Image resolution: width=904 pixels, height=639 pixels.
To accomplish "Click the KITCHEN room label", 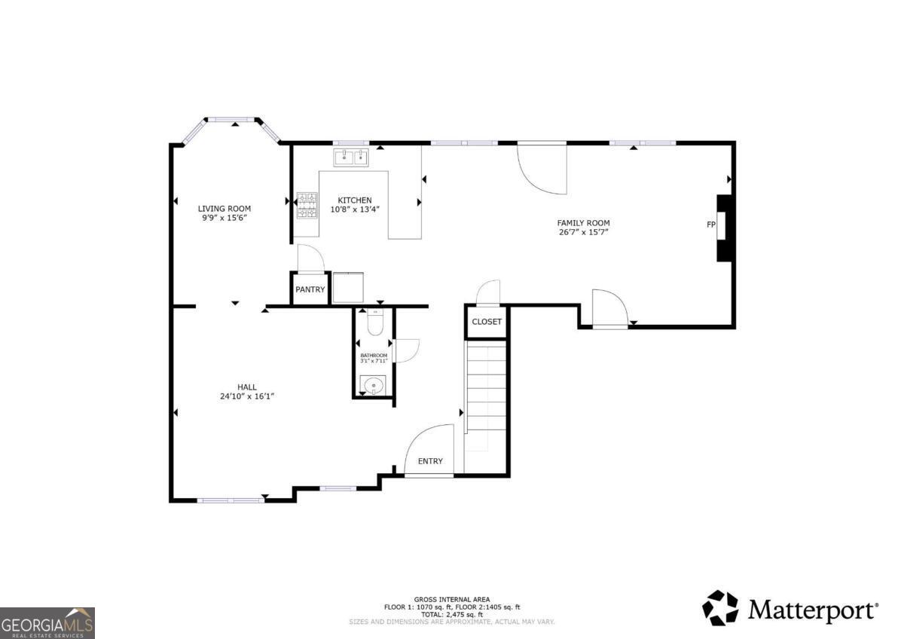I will [x=354, y=200].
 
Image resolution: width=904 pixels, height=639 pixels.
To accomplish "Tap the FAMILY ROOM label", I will [x=583, y=223].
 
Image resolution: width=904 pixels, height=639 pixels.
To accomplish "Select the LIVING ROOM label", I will [x=224, y=209].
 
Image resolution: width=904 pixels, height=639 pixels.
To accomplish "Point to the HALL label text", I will [x=247, y=387].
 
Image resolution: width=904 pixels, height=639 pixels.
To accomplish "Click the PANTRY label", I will [x=310, y=289].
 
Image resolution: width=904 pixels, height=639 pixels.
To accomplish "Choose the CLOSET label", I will [x=487, y=322].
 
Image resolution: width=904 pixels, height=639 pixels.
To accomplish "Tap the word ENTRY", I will [x=431, y=461].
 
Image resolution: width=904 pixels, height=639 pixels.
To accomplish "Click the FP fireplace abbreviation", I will [x=710, y=225].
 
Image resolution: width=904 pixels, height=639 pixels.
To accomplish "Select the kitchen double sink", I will [x=351, y=157].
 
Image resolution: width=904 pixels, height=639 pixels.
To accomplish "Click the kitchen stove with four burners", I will [x=307, y=205].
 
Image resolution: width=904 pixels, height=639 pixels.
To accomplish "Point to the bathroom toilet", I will [x=374, y=323].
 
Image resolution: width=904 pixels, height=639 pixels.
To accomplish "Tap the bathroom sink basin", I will [x=374, y=387].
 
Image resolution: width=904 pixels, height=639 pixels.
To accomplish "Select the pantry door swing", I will [x=310, y=258].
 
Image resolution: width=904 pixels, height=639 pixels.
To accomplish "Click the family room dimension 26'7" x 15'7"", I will [x=583, y=233].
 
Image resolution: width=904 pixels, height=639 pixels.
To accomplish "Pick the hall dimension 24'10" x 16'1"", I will [x=247, y=396].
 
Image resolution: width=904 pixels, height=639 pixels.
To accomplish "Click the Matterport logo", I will [x=790, y=608].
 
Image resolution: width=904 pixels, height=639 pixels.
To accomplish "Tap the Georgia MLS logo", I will [x=47, y=623].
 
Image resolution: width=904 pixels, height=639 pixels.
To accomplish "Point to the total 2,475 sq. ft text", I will [x=452, y=614].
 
